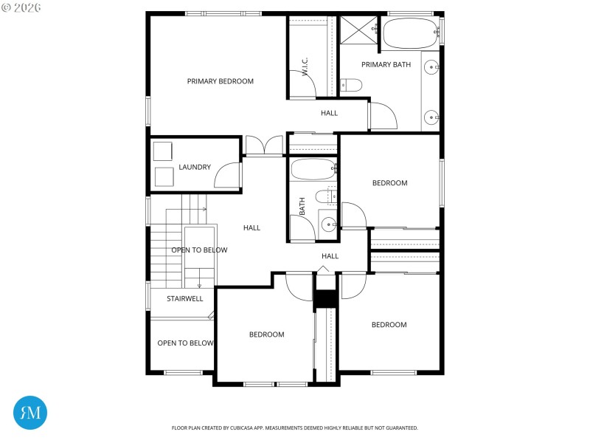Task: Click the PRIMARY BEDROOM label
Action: [x=220, y=81]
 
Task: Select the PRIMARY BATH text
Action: [x=386, y=65]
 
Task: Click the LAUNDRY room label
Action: [x=195, y=167]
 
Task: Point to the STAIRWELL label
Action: [x=184, y=299]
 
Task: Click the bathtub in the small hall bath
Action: [x=313, y=169]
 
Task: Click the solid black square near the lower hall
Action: [x=325, y=299]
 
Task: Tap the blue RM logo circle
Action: [x=30, y=412]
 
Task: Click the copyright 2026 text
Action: [x=21, y=7]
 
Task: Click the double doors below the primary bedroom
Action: [x=264, y=145]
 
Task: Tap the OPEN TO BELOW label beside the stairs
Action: [x=199, y=250]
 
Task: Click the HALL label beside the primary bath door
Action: [x=329, y=113]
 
